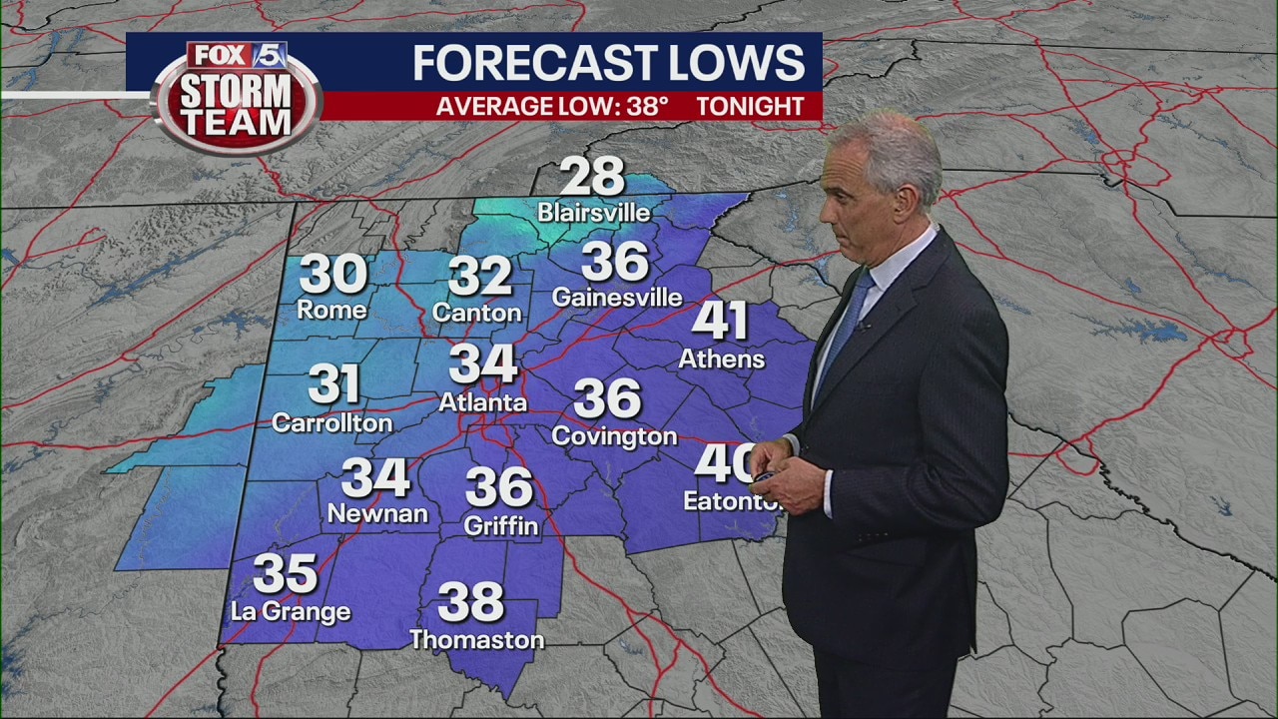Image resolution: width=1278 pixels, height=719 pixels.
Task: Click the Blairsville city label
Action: (593, 213)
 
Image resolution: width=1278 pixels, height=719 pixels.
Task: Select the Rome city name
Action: (331, 310)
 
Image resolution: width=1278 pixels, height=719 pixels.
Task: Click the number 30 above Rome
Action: (333, 275)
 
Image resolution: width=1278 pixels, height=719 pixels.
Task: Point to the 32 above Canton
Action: (479, 277)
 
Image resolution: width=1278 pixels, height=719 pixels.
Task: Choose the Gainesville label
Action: (617, 298)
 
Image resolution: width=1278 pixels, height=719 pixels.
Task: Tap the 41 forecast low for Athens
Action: (720, 321)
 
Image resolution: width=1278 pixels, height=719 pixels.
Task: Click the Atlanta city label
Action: (483, 402)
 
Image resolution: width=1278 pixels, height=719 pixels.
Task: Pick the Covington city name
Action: (614, 436)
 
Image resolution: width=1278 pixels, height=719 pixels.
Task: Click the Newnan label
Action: (377, 513)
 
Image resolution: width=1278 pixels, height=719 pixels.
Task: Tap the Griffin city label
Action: (501, 524)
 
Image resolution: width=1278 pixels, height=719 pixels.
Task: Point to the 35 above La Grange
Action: (285, 574)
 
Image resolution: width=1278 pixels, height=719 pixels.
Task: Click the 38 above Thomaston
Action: (470, 602)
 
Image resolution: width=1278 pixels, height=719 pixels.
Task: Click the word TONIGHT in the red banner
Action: (750, 106)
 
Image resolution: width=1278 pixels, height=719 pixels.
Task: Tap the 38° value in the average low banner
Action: (647, 106)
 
